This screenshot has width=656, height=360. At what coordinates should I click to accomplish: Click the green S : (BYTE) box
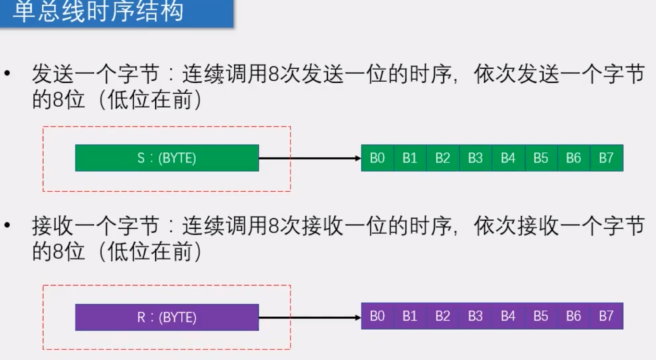point(167,158)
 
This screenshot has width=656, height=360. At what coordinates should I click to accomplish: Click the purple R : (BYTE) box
point(167,317)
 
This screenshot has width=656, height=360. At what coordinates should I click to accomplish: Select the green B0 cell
point(378,158)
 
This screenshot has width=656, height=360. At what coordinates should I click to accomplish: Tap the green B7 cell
point(606,158)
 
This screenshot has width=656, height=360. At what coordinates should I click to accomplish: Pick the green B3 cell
point(475,158)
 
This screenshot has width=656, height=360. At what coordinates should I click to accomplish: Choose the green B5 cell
point(541,158)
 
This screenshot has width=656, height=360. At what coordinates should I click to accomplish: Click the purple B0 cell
point(378,316)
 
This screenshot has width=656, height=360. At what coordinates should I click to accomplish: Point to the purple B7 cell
point(606,316)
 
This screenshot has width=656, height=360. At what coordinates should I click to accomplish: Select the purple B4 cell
point(508,316)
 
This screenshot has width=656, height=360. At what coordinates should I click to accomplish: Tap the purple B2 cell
point(442,316)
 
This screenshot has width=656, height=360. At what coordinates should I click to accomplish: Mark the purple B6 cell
point(574,316)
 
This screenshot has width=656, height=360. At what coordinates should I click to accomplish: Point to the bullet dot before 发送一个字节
point(7,75)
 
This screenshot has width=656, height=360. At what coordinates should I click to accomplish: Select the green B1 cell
point(410,158)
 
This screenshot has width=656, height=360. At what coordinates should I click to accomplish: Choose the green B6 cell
point(574,158)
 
